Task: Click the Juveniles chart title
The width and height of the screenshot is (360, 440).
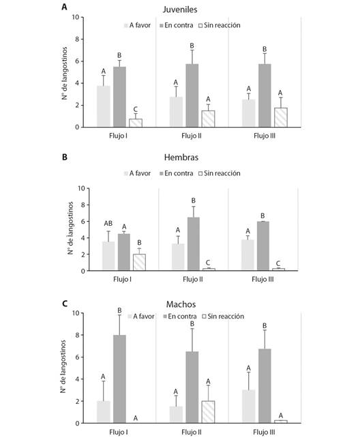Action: point(180,10)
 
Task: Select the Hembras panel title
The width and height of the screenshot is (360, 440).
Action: point(181,157)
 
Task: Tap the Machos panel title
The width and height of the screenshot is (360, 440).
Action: point(181,304)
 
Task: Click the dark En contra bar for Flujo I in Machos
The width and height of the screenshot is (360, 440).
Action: point(119,379)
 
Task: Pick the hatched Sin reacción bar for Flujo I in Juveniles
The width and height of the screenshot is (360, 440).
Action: point(136,123)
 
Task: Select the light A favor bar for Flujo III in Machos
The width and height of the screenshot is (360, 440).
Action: point(249,407)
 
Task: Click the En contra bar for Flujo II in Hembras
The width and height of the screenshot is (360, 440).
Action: point(194,244)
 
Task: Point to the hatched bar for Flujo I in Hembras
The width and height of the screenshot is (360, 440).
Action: point(139,263)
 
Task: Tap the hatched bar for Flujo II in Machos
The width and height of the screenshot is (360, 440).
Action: point(209,412)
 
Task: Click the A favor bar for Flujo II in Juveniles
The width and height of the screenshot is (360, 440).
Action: point(176,112)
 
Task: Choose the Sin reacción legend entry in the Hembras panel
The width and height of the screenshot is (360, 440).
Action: point(220,173)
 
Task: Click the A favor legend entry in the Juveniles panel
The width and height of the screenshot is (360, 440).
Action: point(137,25)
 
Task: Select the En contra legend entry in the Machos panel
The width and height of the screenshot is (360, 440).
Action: point(180,317)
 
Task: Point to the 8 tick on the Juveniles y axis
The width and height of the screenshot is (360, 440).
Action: point(77,40)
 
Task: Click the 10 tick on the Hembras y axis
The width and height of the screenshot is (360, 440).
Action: point(82,188)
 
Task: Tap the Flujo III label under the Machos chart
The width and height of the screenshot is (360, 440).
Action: point(264,432)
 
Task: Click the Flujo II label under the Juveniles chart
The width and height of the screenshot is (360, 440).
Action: point(192,136)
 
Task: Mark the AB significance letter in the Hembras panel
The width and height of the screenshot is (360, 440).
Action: point(108,223)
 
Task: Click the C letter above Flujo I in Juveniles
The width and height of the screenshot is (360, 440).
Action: point(136,109)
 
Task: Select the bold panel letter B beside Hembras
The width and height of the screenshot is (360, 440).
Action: point(65,157)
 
